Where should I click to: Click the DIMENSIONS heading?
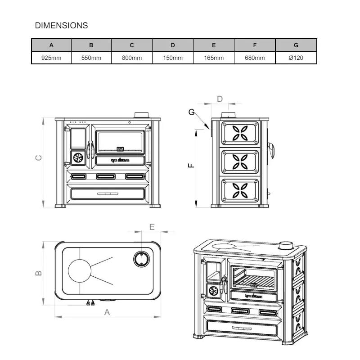click(x=61, y=26)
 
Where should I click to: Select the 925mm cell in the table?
click(x=51, y=58)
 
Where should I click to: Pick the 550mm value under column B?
click(x=91, y=58)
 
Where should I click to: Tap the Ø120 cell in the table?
click(x=296, y=58)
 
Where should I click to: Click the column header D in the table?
click(x=173, y=45)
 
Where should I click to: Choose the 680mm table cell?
click(x=255, y=58)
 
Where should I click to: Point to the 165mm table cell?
click(x=214, y=58)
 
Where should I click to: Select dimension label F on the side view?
click(x=191, y=166)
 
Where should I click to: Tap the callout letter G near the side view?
click(x=192, y=112)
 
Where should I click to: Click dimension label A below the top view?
click(x=107, y=312)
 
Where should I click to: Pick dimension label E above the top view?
click(x=152, y=226)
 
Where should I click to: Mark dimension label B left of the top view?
click(x=39, y=273)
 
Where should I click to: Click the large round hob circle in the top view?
click(x=79, y=271)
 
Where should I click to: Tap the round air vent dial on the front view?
click(x=78, y=157)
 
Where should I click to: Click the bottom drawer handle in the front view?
click(x=107, y=193)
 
